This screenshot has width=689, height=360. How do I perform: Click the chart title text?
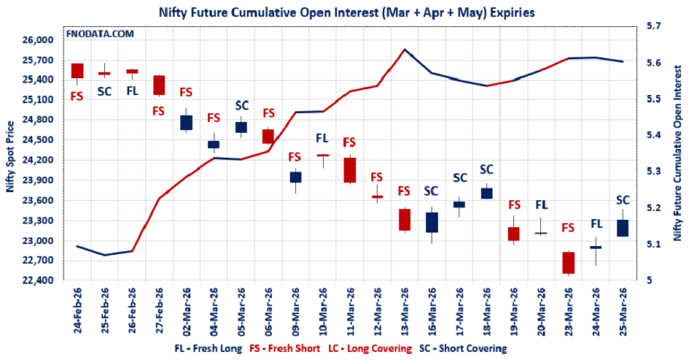[345, 13]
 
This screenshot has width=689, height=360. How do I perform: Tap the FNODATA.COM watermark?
[100, 33]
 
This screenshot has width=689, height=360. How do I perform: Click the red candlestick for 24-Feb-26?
[77, 71]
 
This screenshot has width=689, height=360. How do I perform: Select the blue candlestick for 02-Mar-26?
[186, 122]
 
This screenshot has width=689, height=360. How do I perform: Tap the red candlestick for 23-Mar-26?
[567, 262]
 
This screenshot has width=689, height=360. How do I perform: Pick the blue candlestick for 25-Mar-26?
[622, 228]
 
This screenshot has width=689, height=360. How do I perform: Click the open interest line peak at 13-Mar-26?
[405, 50]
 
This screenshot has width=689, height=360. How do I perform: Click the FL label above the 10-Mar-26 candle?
[323, 138]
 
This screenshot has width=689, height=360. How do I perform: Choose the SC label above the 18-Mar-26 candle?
[486, 169]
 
